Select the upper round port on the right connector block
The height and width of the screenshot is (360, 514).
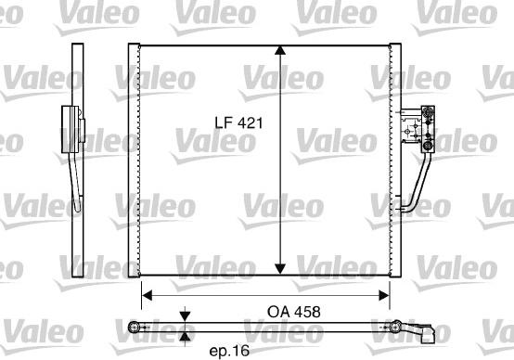point(428,114)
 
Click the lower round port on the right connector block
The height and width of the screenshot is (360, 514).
point(428,145)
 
